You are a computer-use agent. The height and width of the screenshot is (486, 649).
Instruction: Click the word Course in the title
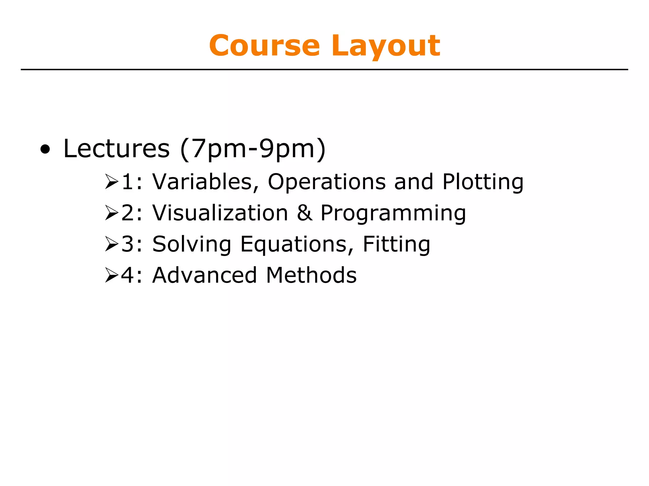point(264,46)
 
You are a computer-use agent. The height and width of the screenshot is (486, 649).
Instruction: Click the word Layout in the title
point(386,46)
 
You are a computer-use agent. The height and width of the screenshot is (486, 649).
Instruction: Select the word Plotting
point(483,182)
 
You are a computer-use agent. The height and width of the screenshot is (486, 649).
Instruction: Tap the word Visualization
point(220,213)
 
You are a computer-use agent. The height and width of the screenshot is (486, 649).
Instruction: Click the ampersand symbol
point(304,213)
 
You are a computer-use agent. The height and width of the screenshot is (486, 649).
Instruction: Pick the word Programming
point(393,213)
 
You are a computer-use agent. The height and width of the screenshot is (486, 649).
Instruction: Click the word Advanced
point(204,275)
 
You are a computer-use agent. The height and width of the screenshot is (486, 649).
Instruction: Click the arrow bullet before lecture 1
point(112,182)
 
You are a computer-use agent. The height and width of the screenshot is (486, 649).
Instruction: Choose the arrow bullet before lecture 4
point(112,275)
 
